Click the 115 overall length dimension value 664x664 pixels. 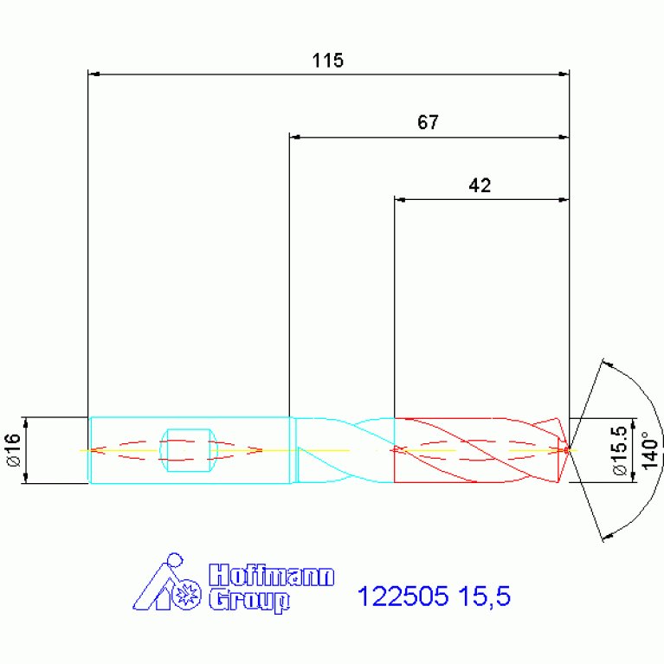click(x=327, y=61)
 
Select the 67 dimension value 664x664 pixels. click(x=428, y=122)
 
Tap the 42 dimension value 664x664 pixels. click(x=480, y=185)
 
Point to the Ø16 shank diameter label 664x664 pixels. click(x=14, y=449)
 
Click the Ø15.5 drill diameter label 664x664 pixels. click(x=620, y=450)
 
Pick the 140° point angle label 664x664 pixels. click(x=650, y=450)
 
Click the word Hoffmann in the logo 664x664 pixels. click(x=272, y=575)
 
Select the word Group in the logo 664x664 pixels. click(x=249, y=601)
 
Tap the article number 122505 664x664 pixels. click(x=403, y=596)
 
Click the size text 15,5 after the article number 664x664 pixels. click(x=485, y=596)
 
